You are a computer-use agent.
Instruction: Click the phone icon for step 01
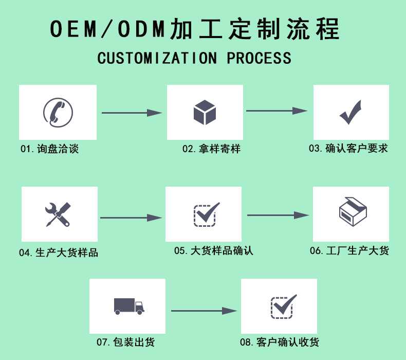point(58,113)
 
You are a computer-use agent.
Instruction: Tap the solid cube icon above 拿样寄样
point(205,113)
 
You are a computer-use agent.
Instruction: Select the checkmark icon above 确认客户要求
point(350,112)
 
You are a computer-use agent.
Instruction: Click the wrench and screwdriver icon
point(58,214)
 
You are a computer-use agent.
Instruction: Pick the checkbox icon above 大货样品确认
point(207,214)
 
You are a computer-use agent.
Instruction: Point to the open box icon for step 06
point(353,211)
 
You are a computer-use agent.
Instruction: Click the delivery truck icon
point(129,307)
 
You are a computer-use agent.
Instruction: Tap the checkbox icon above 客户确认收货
point(284,307)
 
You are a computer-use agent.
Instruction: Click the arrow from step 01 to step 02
point(132,113)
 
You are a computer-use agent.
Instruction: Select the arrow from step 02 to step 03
point(277,111)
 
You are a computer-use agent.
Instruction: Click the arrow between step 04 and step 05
point(131,218)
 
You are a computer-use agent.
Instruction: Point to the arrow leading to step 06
point(278,215)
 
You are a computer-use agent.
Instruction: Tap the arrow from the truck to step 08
point(204,311)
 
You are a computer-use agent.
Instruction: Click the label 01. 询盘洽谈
point(49,149)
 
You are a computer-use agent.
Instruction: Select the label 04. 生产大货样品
point(59,253)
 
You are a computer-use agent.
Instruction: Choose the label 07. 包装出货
point(125,342)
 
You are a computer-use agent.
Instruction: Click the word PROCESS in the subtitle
point(259,58)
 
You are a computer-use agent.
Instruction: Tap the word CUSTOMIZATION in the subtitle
point(157,58)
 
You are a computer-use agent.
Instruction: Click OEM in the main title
point(73,28)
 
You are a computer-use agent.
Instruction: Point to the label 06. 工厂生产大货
point(349,250)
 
